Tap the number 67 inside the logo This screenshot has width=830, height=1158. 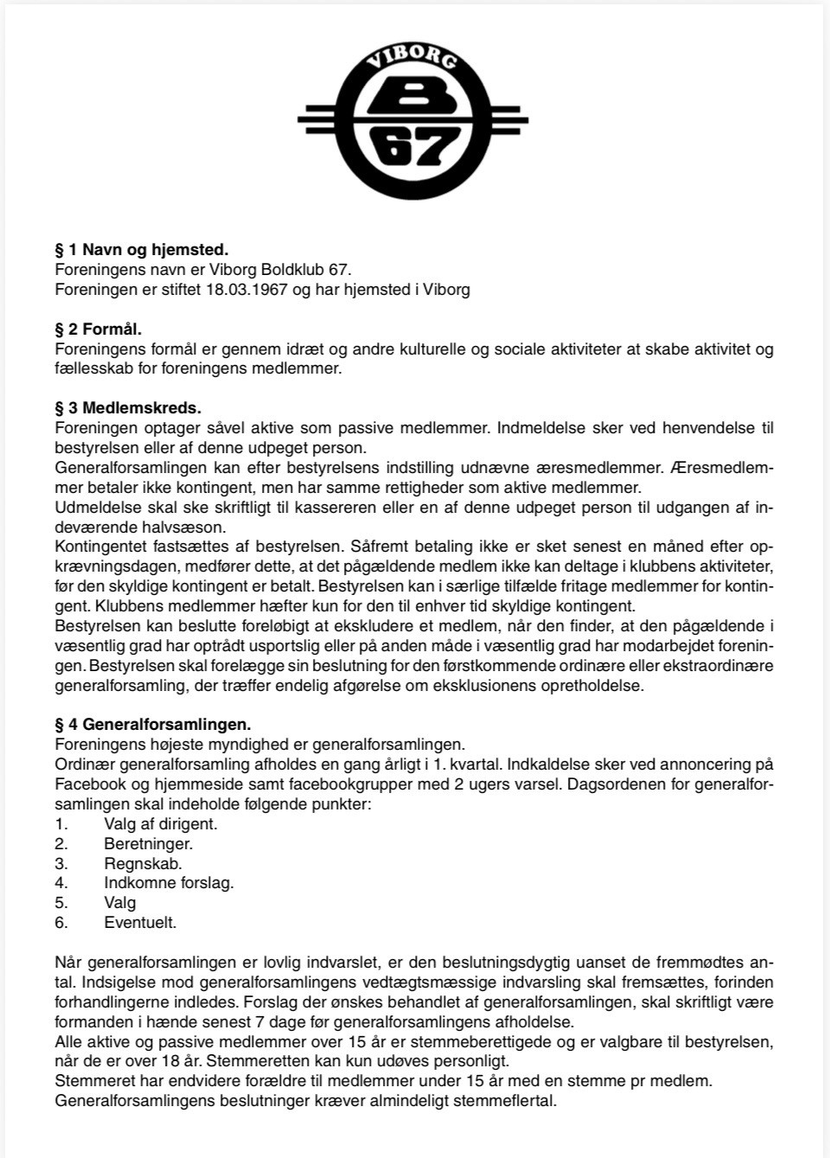coord(416,149)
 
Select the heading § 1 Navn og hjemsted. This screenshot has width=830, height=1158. coord(142,250)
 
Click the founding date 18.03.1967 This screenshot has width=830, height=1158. coord(247,290)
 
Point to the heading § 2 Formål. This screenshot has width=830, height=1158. coord(98,329)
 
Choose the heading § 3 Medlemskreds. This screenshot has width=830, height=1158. coord(128,408)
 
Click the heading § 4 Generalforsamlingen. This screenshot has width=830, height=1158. coord(153,725)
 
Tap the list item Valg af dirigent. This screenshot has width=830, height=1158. coord(161,824)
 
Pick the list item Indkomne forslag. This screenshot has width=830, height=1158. coord(169,883)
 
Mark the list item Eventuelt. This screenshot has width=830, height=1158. coord(140,923)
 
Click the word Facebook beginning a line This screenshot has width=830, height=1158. coord(87,784)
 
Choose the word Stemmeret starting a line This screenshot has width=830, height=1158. coord(90,1081)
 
